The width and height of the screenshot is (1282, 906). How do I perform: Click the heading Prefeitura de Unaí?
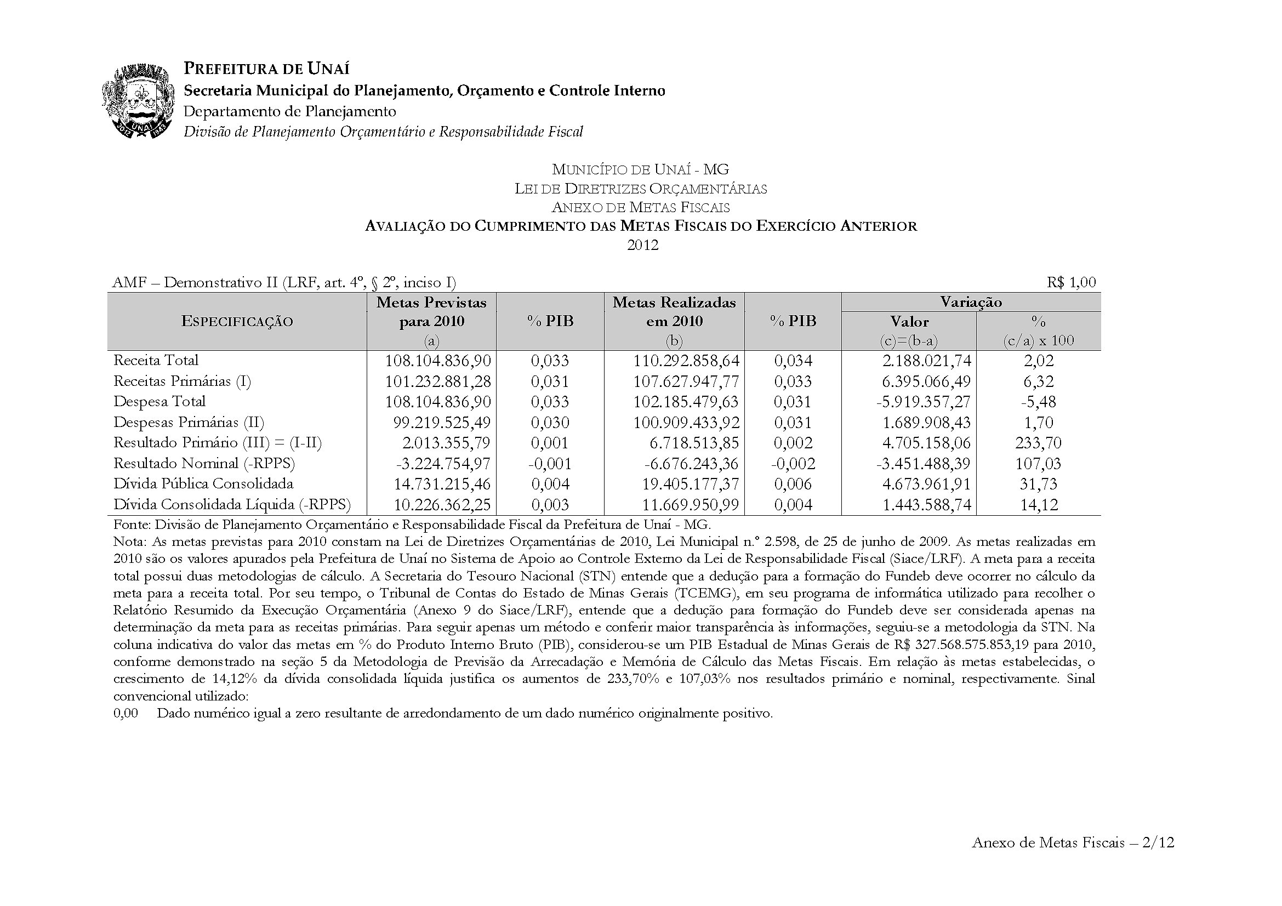point(266,69)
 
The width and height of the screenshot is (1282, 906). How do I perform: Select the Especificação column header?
point(237,322)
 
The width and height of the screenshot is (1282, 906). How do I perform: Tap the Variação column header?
point(971,302)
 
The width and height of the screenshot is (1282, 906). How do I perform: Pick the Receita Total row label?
point(156,361)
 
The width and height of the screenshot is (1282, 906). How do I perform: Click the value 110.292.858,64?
point(686,361)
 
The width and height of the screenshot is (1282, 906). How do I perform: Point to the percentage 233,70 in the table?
point(1038,443)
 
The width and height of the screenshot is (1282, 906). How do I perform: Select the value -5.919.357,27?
point(924,402)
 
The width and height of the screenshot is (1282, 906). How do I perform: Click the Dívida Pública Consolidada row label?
point(203,484)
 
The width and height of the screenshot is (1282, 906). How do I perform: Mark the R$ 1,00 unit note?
point(1071,282)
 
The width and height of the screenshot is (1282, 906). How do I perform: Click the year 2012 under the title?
point(643,245)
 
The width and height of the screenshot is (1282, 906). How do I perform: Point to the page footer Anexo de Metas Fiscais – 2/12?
point(1073,842)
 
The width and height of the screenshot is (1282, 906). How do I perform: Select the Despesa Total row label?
point(159,402)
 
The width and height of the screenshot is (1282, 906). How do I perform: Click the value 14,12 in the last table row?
point(1039,505)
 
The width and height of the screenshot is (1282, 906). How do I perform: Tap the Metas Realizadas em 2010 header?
point(674,311)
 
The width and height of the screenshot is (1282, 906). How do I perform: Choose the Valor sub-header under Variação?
point(909,322)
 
